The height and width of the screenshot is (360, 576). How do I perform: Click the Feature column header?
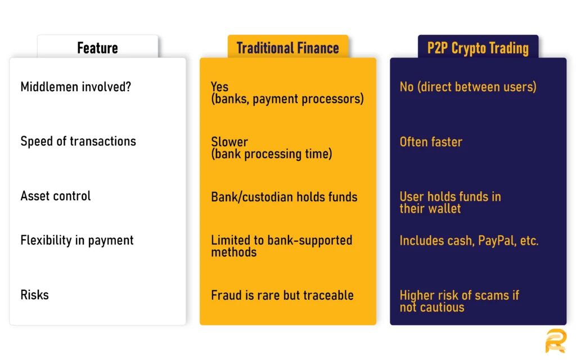[x=97, y=48]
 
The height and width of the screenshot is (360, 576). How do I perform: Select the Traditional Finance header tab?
[x=287, y=48]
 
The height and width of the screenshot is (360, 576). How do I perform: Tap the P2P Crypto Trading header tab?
[x=478, y=48]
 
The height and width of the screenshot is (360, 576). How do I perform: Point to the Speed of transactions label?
[x=78, y=141]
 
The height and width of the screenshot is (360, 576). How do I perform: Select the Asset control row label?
[x=55, y=196]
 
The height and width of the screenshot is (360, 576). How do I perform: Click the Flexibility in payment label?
[x=77, y=240]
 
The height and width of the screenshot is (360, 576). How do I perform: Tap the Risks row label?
[x=34, y=295]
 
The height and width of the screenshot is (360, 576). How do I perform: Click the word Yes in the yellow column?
[x=219, y=87]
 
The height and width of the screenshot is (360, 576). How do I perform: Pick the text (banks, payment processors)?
[x=287, y=99]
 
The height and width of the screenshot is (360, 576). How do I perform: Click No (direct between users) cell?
[x=467, y=87]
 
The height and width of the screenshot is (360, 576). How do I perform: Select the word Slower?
[x=229, y=142]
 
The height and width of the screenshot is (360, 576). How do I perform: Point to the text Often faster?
[x=430, y=142]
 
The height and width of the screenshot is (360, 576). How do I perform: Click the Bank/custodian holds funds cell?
[x=284, y=197]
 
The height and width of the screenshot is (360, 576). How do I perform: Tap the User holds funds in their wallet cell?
[x=450, y=202]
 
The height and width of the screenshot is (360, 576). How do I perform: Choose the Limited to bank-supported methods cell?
[x=281, y=246]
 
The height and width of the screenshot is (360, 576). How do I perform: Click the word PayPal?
[x=497, y=241]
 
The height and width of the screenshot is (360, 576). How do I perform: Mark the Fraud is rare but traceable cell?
[x=282, y=295]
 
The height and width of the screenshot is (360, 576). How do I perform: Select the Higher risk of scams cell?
[x=459, y=301]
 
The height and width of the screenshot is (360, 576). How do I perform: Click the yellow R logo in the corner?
[x=555, y=341]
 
